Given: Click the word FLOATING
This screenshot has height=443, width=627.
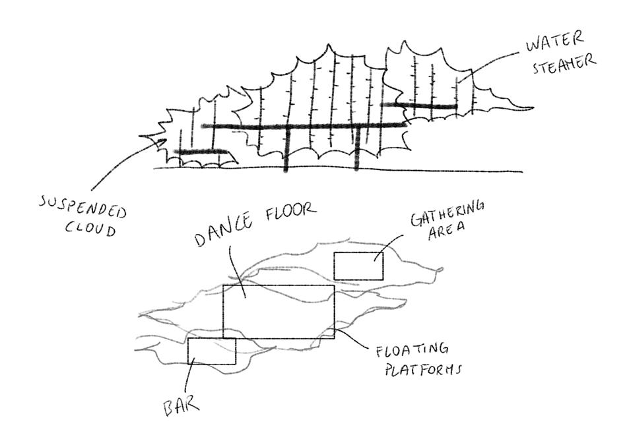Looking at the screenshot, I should pos(413,349).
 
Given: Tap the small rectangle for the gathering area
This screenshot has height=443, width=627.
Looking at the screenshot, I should pos(358,266).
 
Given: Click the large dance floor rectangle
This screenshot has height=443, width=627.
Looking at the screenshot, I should pos(279,311).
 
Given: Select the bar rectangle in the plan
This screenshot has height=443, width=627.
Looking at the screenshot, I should pos(212,351).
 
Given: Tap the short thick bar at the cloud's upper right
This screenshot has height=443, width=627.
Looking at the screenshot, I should pos(419,105).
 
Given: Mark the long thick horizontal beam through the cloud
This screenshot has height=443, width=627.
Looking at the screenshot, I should pos(304,126).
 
